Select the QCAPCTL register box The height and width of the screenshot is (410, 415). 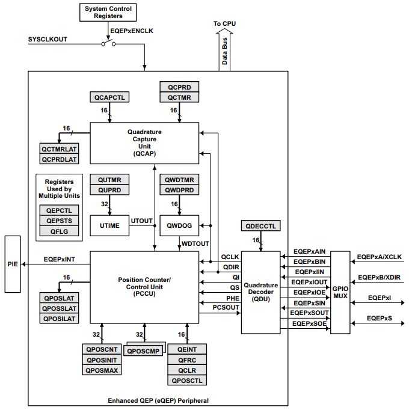click(x=109, y=97)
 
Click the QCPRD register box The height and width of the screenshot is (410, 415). click(x=179, y=88)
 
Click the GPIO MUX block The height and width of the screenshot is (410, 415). click(x=340, y=292)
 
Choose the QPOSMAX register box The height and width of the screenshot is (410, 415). click(x=102, y=370)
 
